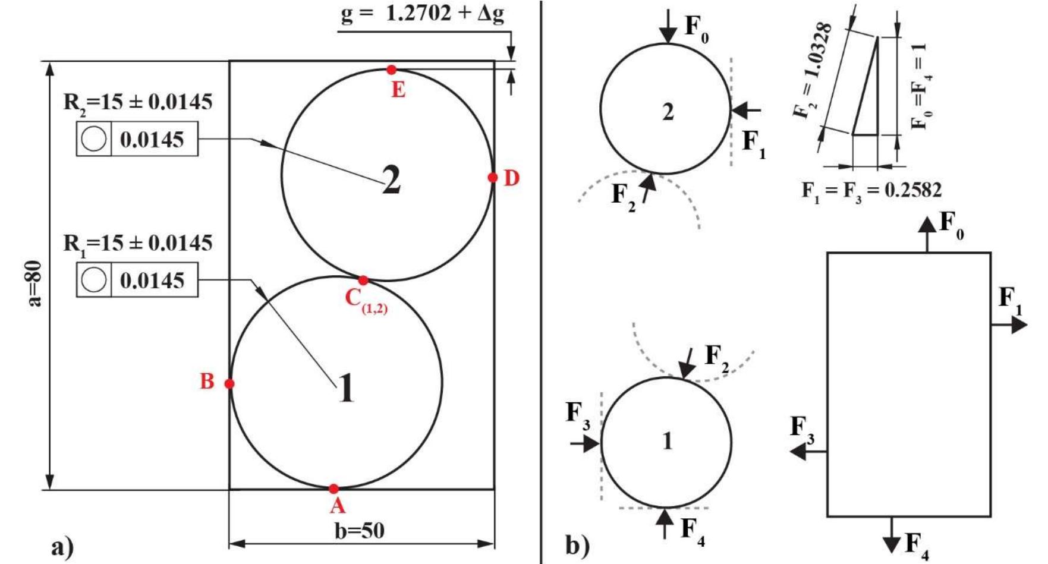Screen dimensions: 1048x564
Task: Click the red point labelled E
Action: [391, 70]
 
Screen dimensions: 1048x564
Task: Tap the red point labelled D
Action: [492, 178]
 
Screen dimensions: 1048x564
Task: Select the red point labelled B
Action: [229, 384]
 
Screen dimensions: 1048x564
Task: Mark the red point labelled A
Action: [333, 489]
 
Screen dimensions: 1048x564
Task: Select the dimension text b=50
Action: [360, 530]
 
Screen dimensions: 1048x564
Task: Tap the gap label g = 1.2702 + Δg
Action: [423, 13]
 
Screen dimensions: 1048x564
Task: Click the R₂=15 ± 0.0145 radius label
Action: [138, 102]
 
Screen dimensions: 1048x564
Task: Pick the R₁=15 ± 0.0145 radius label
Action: [138, 243]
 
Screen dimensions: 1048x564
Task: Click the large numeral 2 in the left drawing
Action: [391, 180]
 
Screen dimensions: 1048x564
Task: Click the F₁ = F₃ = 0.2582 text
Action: [871, 190]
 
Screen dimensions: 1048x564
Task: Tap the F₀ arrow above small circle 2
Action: [668, 27]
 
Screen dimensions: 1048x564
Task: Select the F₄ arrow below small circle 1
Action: [665, 524]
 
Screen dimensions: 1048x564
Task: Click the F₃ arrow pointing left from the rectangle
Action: [808, 452]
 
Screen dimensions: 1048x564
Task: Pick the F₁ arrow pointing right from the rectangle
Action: [1009, 324]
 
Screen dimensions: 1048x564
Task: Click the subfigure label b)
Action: [578, 545]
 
